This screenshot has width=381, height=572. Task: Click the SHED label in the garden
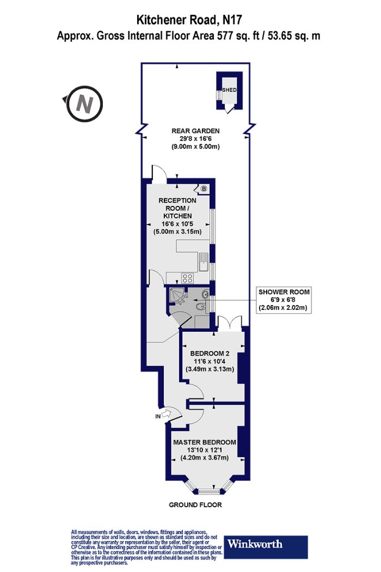point(229,90)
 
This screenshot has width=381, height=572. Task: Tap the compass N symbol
point(84,104)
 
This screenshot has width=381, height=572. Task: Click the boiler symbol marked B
point(204,188)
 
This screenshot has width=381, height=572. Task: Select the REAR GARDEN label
point(195,131)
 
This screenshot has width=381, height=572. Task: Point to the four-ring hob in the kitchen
point(188,278)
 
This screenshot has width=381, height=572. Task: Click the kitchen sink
point(203,262)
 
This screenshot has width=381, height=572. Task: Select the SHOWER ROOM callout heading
point(284,292)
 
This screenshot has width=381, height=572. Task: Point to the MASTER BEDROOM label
point(205,442)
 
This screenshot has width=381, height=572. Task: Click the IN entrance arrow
point(166,414)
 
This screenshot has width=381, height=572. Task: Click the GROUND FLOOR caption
point(195,505)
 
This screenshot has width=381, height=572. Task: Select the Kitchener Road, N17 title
point(189,20)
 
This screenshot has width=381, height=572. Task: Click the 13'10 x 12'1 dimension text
point(205,450)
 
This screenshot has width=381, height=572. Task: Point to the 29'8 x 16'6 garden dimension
point(195,138)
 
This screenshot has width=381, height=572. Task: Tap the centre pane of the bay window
point(209,491)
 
